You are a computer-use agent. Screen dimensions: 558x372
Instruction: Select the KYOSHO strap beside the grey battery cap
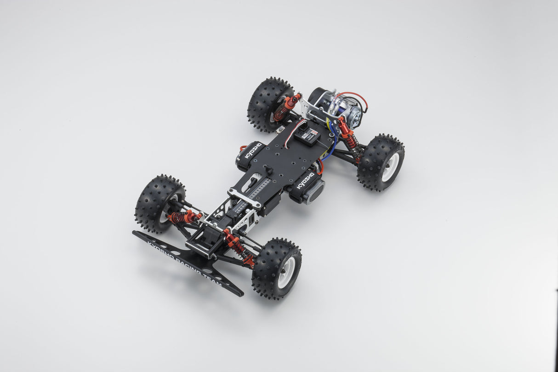coord(305,180)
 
